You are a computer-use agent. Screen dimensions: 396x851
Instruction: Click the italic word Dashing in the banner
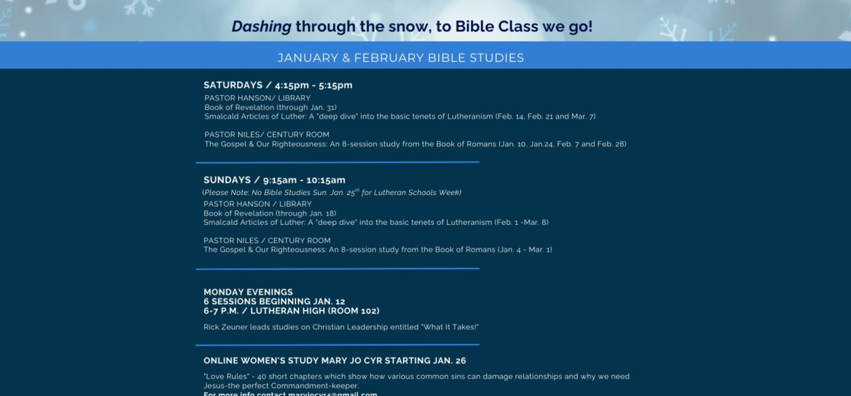[262, 27]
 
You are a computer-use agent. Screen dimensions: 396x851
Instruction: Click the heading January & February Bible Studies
[401, 58]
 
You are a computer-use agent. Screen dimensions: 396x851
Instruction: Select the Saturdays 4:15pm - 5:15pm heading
[278, 85]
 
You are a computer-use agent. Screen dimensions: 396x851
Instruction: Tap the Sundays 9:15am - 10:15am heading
[274, 180]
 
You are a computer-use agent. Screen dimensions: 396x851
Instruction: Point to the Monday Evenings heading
[248, 292]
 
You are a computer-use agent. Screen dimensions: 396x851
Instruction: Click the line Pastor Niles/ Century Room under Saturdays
[267, 134]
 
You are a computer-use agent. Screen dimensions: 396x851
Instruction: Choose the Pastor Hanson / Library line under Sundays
[258, 204]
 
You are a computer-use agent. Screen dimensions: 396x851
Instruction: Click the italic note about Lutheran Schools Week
[332, 192]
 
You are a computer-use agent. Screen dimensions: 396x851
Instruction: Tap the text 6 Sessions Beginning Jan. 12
[274, 302]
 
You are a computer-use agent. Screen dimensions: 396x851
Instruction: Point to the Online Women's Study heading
[335, 361]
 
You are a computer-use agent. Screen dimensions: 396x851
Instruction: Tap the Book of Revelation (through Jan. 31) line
[270, 107]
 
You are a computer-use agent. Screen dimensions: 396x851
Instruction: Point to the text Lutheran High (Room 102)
[315, 311]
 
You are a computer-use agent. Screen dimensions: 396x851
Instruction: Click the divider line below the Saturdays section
[337, 162]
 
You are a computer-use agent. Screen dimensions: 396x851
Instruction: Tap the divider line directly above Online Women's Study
[337, 345]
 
